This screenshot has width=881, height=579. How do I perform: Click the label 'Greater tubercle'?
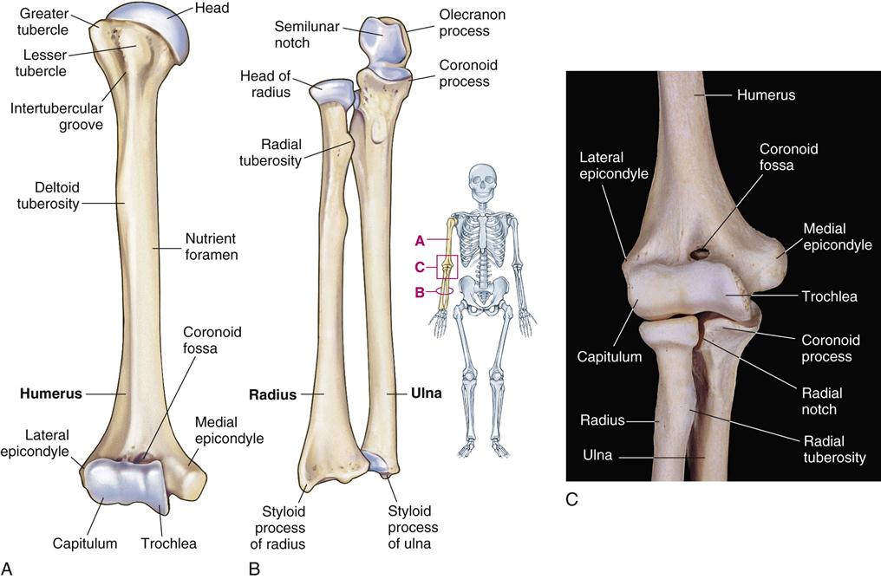click(42, 22)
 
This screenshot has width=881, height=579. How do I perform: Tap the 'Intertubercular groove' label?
click(56, 116)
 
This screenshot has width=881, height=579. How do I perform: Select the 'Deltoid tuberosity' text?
click(49, 195)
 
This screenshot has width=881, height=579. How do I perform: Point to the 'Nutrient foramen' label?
click(212, 246)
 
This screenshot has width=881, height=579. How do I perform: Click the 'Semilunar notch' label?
click(306, 35)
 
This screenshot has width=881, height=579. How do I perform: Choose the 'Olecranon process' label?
click(472, 23)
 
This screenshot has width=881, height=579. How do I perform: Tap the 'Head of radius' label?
click(265, 84)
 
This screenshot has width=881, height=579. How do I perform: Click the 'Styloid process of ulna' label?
click(413, 527)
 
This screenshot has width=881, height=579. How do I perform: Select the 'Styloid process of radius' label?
click(278, 528)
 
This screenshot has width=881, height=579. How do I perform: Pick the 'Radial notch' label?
click(822, 401)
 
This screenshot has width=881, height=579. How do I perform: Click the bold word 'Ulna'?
click(427, 394)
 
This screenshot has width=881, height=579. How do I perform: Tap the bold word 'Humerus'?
click(51, 394)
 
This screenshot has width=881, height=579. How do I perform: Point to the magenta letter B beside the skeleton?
click(419, 292)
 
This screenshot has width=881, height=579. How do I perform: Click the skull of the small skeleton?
click(483, 179)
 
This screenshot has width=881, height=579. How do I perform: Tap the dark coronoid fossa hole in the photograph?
click(698, 255)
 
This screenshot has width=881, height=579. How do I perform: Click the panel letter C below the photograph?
click(572, 498)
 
